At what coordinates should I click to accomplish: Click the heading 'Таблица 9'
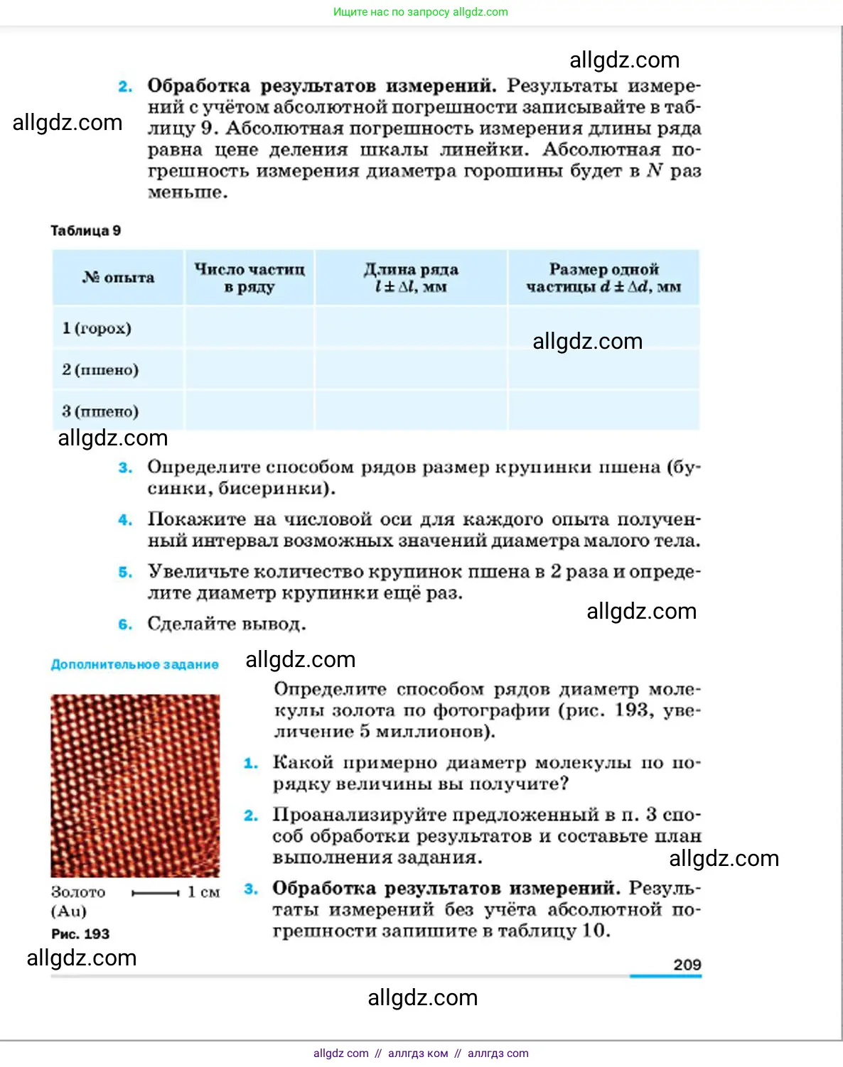pyautogui.click(x=85, y=230)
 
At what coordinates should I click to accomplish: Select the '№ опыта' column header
pyautogui.click(x=118, y=278)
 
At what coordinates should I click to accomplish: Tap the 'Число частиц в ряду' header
pyautogui.click(x=249, y=278)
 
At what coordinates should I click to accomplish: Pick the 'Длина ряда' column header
pyautogui.click(x=411, y=278)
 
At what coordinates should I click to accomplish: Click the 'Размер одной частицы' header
pyautogui.click(x=603, y=278)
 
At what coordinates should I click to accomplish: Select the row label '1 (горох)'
pyautogui.click(x=97, y=328)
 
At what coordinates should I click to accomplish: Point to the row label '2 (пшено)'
pyautogui.click(x=100, y=369)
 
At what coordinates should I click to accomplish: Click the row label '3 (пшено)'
pyautogui.click(x=100, y=411)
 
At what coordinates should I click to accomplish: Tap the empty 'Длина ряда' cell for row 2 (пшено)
pyautogui.click(x=411, y=369)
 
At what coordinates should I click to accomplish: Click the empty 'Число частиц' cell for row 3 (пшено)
pyautogui.click(x=249, y=411)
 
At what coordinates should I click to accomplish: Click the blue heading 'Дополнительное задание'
pyautogui.click(x=134, y=664)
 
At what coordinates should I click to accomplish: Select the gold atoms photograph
pyautogui.click(x=135, y=786)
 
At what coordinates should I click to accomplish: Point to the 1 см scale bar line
pyautogui.click(x=156, y=893)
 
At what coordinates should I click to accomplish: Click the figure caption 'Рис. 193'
pyautogui.click(x=80, y=933)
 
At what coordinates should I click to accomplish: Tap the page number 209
pyautogui.click(x=687, y=964)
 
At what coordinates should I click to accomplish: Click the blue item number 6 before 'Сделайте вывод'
pyautogui.click(x=125, y=624)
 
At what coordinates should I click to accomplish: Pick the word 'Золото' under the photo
pyautogui.click(x=78, y=892)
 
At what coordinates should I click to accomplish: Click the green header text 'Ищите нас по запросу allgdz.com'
pyautogui.click(x=421, y=12)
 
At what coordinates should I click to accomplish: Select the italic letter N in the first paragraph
pyautogui.click(x=655, y=170)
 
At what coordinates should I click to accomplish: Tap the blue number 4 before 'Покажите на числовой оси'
pyautogui.click(x=125, y=520)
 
